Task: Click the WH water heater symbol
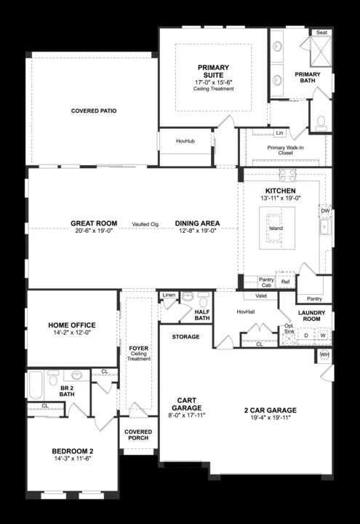tap(324, 354)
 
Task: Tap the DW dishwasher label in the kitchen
tap(325, 211)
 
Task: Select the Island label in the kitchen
tap(276, 228)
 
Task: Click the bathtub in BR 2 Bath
tap(36, 385)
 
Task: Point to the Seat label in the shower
tap(321, 33)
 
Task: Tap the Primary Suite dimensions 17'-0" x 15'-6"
tap(213, 82)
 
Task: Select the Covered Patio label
tap(94, 111)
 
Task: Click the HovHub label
tap(185, 141)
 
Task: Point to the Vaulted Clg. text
tap(145, 224)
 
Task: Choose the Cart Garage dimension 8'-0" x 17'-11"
tap(187, 416)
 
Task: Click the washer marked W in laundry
tap(323, 336)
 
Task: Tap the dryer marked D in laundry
tap(306, 336)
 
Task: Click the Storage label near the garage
tap(185, 336)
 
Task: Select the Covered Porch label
tap(138, 434)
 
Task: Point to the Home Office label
tap(72, 325)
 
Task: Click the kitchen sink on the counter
tap(324, 227)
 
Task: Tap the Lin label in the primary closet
tap(279, 132)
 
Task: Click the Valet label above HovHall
tap(261, 295)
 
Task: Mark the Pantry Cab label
tap(266, 282)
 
